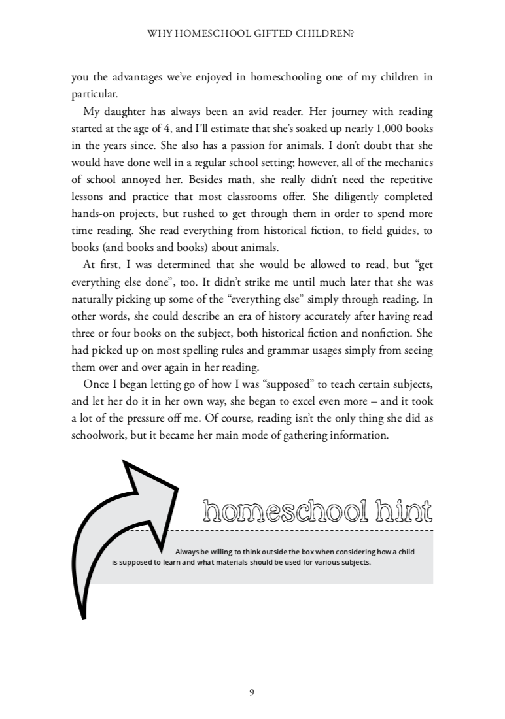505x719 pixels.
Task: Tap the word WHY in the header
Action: click(162, 31)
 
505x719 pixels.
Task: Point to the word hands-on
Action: click(94, 208)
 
